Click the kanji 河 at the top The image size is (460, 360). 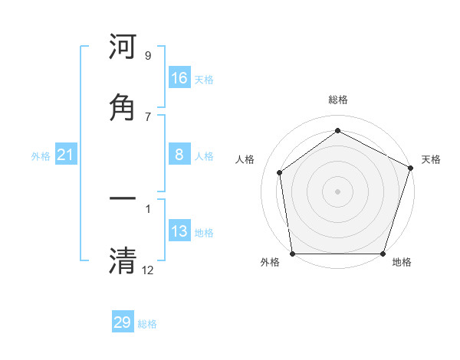123,47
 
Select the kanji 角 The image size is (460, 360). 123,108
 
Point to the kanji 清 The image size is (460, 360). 123,260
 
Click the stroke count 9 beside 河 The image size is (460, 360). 148,56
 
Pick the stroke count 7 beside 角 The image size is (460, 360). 148,116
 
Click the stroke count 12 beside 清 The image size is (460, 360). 148,269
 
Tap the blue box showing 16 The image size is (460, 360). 179,78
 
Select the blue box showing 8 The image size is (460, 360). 179,155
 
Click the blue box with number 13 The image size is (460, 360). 179,231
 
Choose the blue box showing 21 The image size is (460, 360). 66,155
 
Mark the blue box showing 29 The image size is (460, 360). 123,322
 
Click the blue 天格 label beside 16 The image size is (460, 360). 204,79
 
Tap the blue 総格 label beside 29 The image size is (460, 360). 147,324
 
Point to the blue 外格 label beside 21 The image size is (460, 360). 41,156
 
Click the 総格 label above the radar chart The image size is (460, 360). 337,100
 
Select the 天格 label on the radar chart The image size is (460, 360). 431,159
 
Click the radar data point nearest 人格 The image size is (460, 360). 280,172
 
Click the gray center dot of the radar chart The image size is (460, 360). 337,191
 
